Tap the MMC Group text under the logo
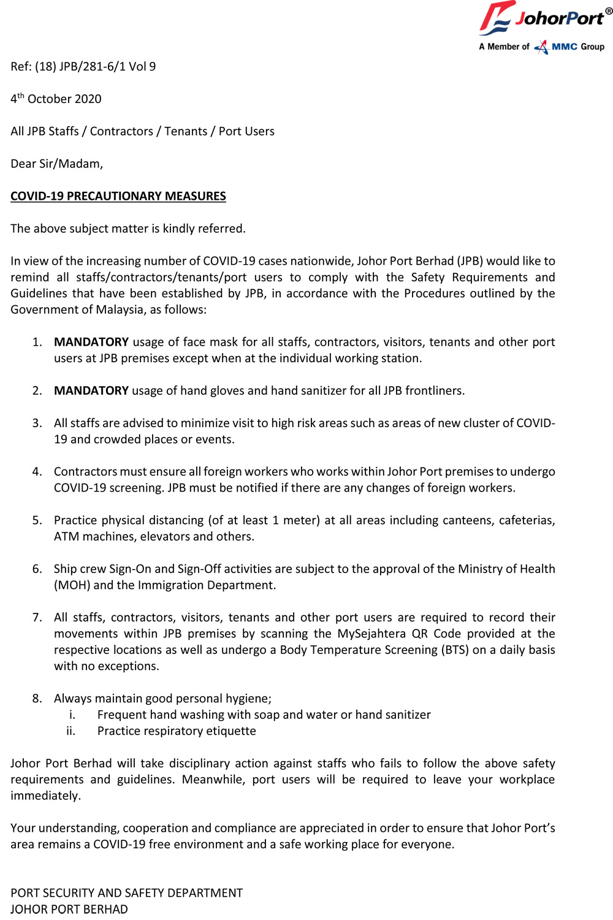[x=577, y=47]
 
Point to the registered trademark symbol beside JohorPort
[x=609, y=10]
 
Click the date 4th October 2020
[x=56, y=99]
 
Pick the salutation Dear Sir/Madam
[x=56, y=164]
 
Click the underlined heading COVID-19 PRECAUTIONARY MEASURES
[x=118, y=196]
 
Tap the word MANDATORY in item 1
[x=91, y=342]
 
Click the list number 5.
[x=37, y=520]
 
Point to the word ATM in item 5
[x=66, y=536]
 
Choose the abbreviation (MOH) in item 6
[x=72, y=585]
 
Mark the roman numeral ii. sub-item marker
[x=70, y=731]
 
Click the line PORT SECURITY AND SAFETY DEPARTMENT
[x=126, y=892]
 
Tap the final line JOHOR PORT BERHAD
[x=69, y=909]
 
